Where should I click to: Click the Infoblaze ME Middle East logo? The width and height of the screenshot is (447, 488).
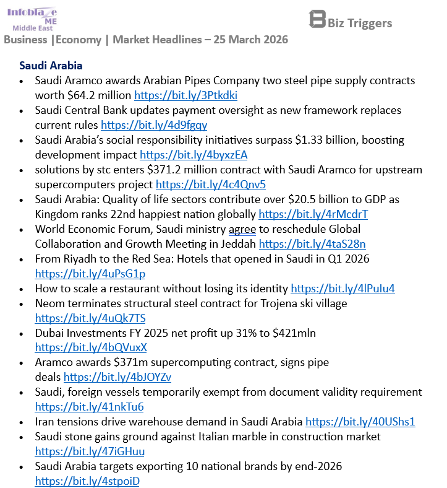click(32, 19)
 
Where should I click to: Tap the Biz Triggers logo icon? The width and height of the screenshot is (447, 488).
click(317, 19)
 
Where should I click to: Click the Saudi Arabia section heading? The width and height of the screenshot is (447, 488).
click(51, 65)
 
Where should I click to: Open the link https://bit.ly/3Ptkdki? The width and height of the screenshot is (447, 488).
click(185, 95)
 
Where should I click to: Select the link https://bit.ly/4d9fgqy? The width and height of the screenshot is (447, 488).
click(153, 125)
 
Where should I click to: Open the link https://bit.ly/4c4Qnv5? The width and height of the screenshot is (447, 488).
click(211, 185)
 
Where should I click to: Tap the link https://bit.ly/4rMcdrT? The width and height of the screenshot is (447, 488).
click(313, 214)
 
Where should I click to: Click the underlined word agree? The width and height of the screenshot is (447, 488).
click(242, 229)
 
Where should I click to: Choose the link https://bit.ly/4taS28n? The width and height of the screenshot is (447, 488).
click(312, 244)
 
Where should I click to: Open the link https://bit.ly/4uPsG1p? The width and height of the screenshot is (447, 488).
click(90, 273)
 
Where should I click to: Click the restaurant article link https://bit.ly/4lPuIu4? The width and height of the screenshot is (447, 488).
click(343, 288)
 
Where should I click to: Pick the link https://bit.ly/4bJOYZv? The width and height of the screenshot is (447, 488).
click(117, 377)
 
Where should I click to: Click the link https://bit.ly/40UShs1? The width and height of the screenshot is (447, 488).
click(360, 422)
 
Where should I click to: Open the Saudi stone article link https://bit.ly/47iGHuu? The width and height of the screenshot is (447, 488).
click(90, 451)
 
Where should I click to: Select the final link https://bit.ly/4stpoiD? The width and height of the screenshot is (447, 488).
click(87, 481)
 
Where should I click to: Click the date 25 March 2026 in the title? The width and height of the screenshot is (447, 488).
click(250, 40)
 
